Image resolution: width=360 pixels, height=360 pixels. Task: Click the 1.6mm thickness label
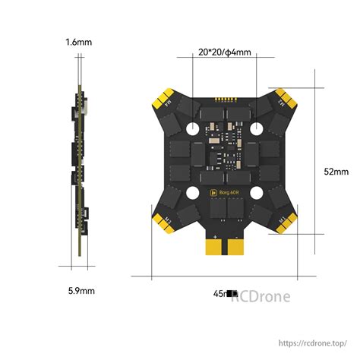78,43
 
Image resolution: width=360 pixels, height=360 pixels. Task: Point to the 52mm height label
336,172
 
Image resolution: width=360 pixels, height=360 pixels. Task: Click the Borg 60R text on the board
226,193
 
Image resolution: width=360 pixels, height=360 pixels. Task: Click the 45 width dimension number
219,291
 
